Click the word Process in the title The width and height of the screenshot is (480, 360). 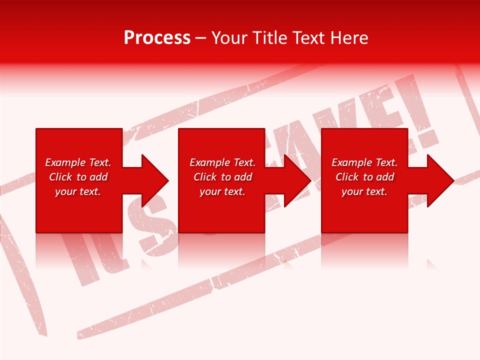[x=157, y=38]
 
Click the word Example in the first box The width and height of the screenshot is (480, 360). [x=65, y=162]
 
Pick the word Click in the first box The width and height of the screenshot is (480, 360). [x=61, y=177]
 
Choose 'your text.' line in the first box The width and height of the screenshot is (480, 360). [x=78, y=191]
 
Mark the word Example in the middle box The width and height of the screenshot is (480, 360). [x=209, y=162]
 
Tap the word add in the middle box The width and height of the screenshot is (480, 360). [x=243, y=177]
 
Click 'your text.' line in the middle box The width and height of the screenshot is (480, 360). [x=222, y=191]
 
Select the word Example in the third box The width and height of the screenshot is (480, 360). [x=351, y=162]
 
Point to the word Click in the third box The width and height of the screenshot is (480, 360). [x=347, y=177]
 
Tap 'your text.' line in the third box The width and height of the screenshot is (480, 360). [x=364, y=191]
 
